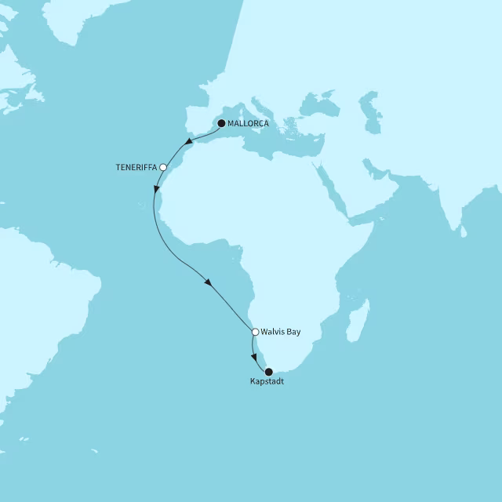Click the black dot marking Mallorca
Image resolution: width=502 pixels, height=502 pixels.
221,123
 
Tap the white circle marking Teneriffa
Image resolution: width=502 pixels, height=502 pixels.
163,167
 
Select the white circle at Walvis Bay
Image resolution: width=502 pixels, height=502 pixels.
255,332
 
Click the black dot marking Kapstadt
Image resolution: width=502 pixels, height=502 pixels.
269,372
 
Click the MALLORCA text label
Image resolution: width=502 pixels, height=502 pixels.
248,123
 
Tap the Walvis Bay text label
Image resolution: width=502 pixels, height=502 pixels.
282,332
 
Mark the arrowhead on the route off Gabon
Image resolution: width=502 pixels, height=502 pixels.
209,283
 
